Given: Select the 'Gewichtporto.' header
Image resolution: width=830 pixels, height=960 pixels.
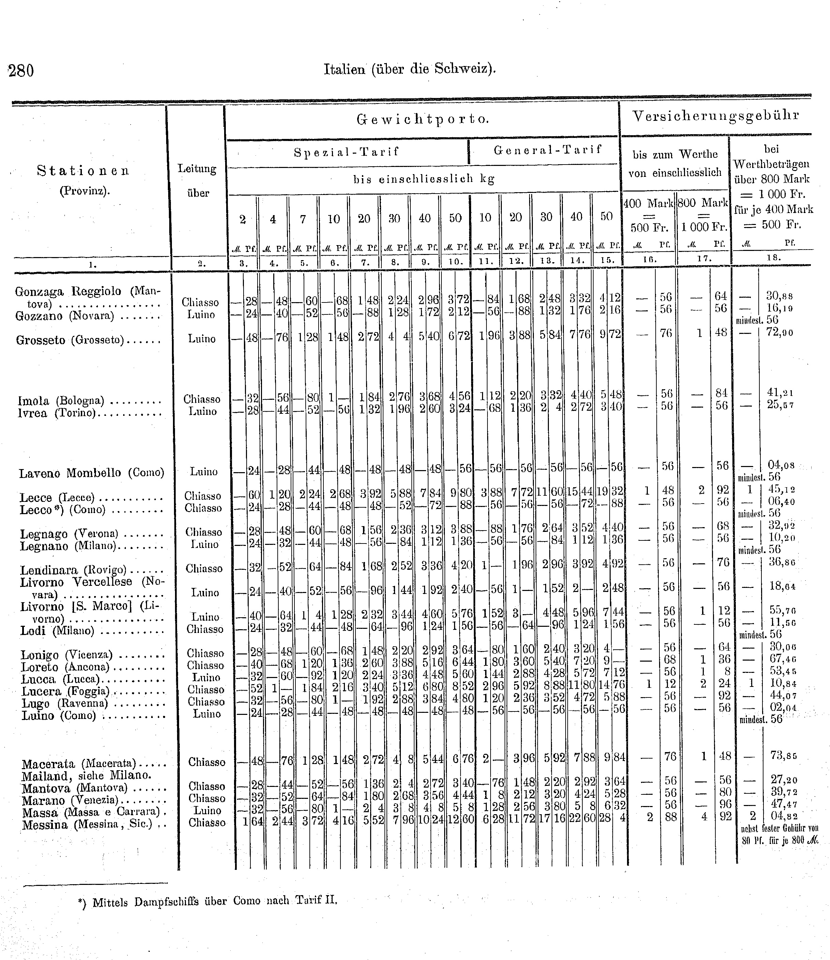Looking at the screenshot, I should [x=422, y=119].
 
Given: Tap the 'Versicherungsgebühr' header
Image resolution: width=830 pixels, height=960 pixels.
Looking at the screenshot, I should [x=716, y=116].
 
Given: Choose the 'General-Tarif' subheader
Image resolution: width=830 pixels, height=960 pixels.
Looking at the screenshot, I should [x=548, y=150].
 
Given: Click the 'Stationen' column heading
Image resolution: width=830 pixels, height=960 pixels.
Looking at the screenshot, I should [x=83, y=171].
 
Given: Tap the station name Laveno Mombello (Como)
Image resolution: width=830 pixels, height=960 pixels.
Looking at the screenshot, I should [x=91, y=473].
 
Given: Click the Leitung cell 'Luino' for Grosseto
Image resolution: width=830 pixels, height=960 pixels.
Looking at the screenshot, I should [x=202, y=339].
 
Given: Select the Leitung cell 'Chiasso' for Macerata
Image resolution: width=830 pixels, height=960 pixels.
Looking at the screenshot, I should [x=207, y=762].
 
